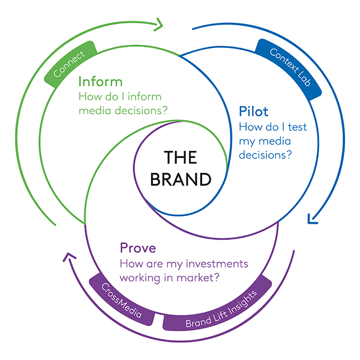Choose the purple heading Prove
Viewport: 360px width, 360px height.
point(137,248)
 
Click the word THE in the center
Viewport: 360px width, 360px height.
point(181,158)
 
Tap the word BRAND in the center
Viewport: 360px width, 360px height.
point(181,179)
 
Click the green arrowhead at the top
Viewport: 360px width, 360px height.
point(160,25)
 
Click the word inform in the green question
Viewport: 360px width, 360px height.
point(142,96)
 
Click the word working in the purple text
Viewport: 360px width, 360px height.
point(140,278)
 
